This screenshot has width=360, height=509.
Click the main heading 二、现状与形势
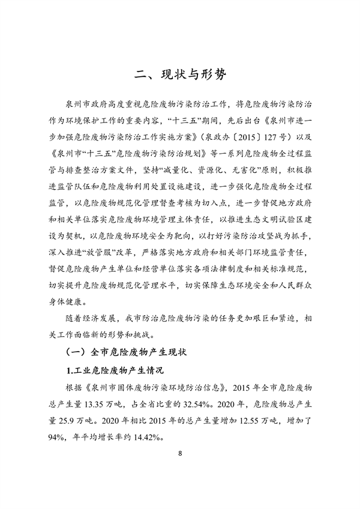coord(180,75)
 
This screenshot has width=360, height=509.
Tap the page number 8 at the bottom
coord(180,469)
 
